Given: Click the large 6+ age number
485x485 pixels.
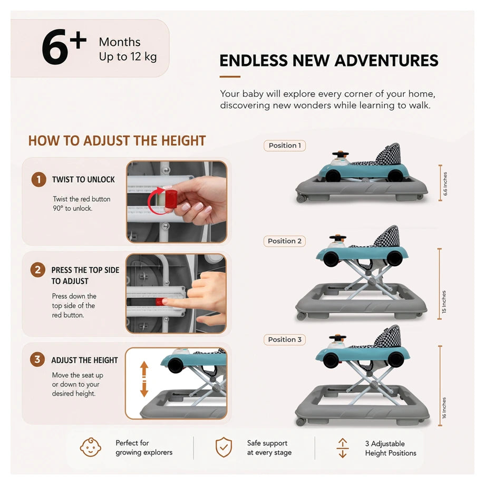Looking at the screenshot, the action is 64,46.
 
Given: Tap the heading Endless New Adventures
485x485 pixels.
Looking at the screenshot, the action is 329,60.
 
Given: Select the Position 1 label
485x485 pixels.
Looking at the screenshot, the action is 285,145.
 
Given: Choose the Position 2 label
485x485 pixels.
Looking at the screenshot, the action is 285,241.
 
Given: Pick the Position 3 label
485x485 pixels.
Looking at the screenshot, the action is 285,339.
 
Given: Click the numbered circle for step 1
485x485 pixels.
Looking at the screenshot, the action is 38,179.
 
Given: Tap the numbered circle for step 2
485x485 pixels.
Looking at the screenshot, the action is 38,270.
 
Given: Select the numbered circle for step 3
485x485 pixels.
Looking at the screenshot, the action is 37,360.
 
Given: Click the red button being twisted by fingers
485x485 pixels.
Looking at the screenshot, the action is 171,199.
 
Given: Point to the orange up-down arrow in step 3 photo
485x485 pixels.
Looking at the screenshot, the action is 144,379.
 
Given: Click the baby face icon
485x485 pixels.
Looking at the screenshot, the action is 90,447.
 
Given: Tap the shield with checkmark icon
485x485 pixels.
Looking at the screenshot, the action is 224,447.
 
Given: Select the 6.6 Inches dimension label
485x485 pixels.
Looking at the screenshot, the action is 445,184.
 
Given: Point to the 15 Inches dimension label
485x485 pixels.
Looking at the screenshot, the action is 444,302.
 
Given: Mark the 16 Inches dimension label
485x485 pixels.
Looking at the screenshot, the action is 444,408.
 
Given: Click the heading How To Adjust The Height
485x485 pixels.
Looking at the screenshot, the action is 117,141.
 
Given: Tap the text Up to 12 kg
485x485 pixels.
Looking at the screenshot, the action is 128,56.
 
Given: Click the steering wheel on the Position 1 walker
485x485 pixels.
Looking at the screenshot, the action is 340,154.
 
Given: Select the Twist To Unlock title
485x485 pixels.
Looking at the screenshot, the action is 83,179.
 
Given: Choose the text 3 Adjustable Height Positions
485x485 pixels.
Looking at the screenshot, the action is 391,448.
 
